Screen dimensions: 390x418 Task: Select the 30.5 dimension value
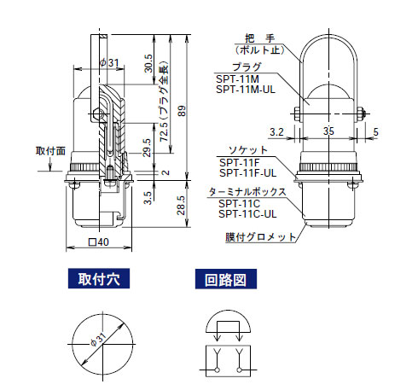[x=148, y=62]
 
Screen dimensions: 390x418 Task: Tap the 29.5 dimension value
[x=148, y=146]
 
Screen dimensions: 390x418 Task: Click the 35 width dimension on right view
[x=328, y=132]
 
